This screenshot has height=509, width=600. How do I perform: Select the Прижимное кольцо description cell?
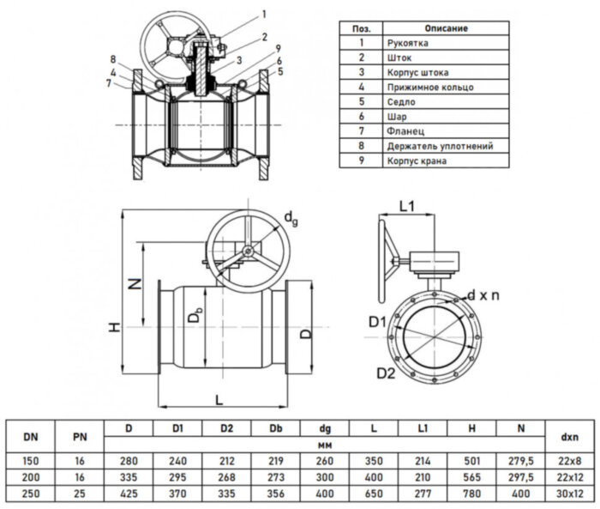click(x=429, y=87)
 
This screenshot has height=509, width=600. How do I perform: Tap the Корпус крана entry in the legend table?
click(x=417, y=161)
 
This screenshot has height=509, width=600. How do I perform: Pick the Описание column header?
click(x=445, y=27)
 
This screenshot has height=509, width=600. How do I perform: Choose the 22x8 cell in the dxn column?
click(x=567, y=461)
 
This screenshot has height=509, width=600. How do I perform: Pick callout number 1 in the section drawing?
click(x=264, y=14)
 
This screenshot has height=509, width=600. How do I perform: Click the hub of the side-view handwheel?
click(x=246, y=251)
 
